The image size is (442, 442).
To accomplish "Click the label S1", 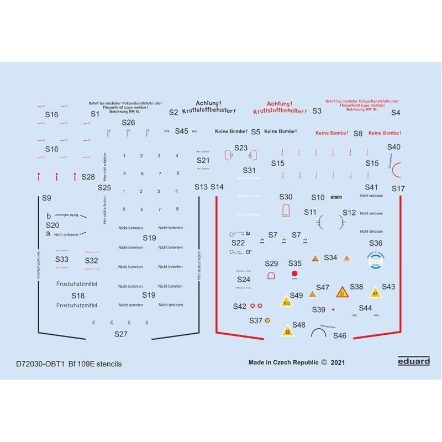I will pos(95,113).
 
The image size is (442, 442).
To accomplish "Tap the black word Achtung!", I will pos(209,103).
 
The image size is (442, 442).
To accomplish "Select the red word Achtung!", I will pos(280,103).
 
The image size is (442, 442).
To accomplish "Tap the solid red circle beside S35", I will pos(294,273).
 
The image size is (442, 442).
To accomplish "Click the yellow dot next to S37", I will pos(268,320).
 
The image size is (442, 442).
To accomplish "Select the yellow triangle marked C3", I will pos(287,331).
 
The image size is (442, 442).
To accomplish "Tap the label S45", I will pos(181,131).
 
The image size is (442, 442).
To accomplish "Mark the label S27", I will pos(120,334).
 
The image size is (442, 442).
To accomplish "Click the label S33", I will pos(62,259).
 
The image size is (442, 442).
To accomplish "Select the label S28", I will pos(88,177).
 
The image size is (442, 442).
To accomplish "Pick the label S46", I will pos(340,335).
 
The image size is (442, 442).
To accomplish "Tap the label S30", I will pos(286,197).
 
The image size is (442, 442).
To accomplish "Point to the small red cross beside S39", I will pos(333,310).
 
